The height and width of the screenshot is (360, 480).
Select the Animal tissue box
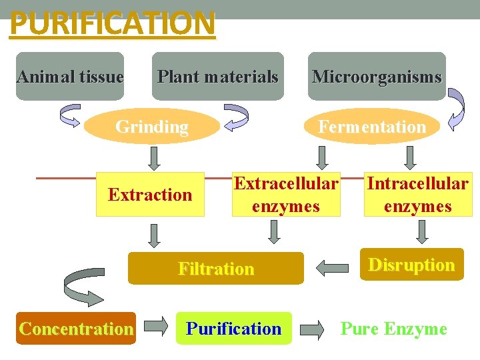pyautogui.click(x=70, y=76)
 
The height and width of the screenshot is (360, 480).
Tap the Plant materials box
pyautogui.click(x=217, y=76)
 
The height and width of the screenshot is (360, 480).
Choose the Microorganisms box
pyautogui.click(x=377, y=76)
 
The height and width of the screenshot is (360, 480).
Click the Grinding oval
pyautogui.click(x=153, y=126)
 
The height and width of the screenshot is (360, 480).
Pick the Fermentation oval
pyautogui.click(x=371, y=126)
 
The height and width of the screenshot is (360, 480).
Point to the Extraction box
pyautogui.click(x=150, y=195)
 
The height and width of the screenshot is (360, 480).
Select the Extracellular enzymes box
pyautogui.click(x=286, y=195)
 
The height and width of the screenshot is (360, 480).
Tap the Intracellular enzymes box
pyautogui.click(x=418, y=195)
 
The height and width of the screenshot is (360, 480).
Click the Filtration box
pyautogui.click(x=215, y=269)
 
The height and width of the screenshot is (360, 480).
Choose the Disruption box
pyautogui.click(x=411, y=265)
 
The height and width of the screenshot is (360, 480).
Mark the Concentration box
pyautogui.click(x=76, y=328)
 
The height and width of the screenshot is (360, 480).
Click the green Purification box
pyautogui.click(x=234, y=328)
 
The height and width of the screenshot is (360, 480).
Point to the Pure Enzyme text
pyautogui.click(x=393, y=328)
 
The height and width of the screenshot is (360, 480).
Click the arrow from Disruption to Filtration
pyautogui.click(x=331, y=268)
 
